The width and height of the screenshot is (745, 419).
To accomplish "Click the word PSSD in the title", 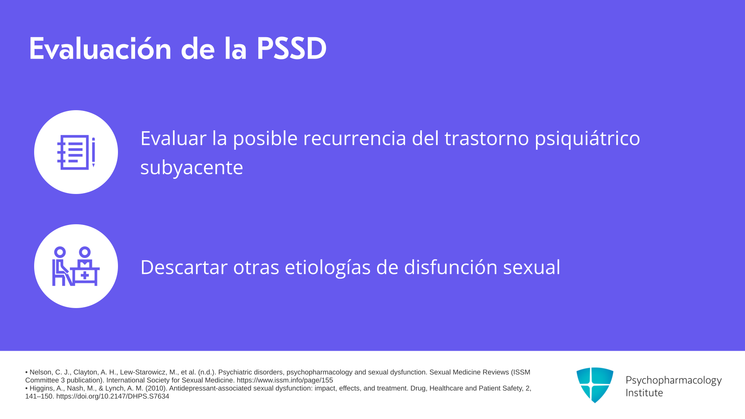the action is (x=291, y=49).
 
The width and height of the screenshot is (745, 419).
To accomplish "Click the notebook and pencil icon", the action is (x=76, y=152).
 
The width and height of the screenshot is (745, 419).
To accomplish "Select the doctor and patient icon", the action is (x=76, y=266).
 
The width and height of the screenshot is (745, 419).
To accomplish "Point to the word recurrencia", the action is (x=354, y=138).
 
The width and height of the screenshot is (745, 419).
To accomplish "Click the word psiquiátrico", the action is (x=587, y=139).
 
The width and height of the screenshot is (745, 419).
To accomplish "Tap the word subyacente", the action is (x=192, y=168).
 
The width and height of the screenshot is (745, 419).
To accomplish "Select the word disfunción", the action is (x=450, y=267).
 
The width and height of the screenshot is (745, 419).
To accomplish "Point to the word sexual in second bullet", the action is (x=532, y=267).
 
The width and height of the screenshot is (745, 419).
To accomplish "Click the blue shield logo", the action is (x=595, y=385).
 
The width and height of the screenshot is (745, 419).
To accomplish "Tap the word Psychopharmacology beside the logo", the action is (x=674, y=381).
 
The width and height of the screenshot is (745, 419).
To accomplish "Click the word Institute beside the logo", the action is (x=644, y=393).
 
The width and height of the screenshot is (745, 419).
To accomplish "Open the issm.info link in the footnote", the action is (x=285, y=381).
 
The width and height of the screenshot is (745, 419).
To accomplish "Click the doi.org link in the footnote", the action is (x=113, y=396).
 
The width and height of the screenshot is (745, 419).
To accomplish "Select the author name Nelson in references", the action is (x=41, y=372).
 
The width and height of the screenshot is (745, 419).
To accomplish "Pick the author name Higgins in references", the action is (x=42, y=388).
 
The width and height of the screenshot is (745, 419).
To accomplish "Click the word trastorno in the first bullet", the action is (x=487, y=138).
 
